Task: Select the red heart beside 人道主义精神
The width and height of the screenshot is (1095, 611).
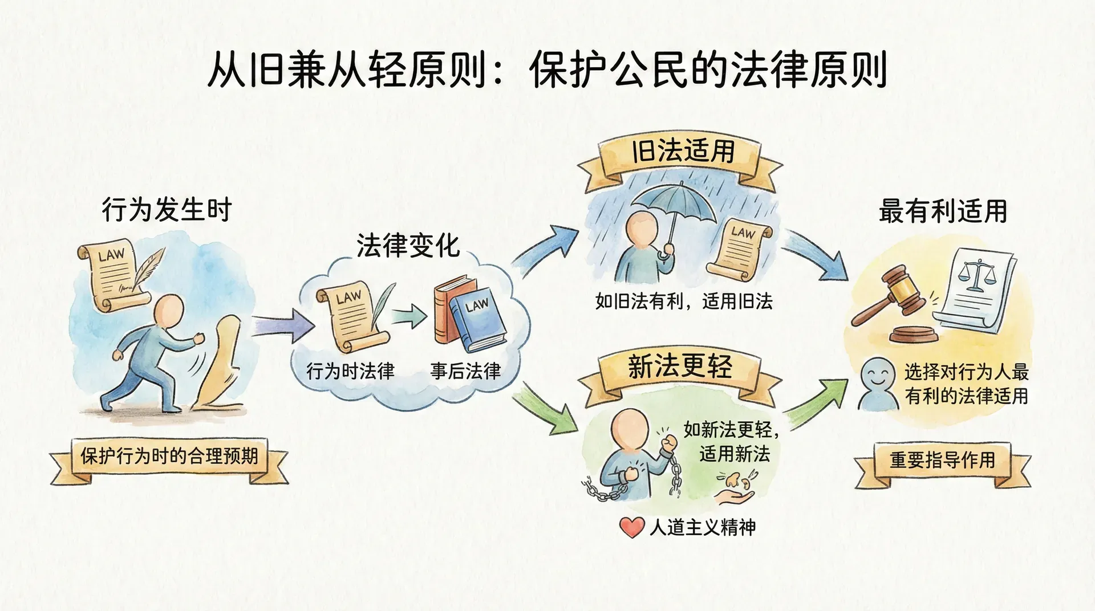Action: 631,527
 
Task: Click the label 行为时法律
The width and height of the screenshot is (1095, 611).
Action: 350,371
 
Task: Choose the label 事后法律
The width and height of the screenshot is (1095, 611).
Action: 465,371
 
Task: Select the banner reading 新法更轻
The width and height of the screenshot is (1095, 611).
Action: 680,366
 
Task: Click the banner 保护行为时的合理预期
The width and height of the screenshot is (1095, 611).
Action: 169,456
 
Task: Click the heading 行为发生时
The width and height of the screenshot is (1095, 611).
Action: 167,210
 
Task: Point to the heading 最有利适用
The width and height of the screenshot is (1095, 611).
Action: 943,211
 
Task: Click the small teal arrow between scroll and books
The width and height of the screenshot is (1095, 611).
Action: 409,315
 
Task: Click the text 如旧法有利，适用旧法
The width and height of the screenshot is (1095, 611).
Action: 683,301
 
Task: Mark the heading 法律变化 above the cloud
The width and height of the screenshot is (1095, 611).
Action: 408,246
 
